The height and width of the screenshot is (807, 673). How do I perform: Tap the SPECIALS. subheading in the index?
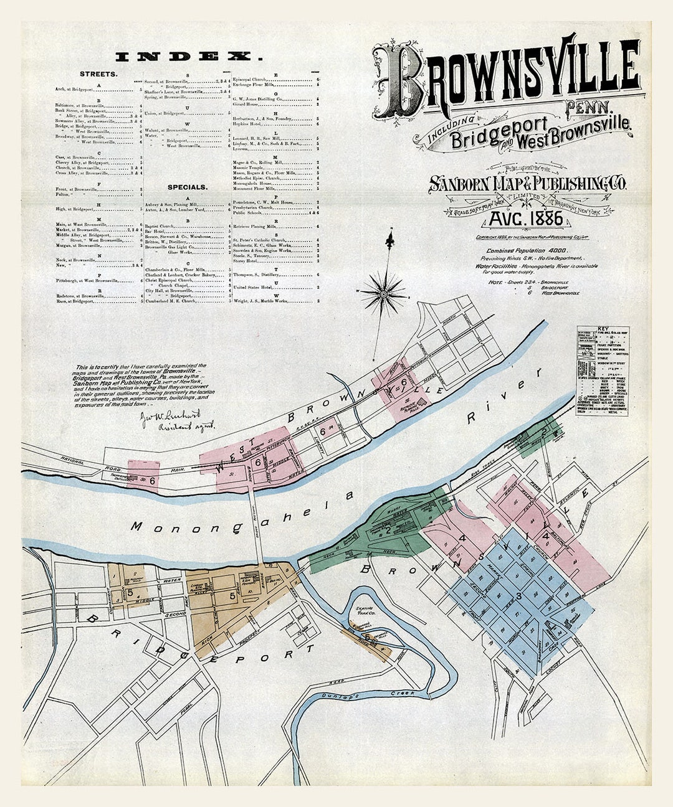187,186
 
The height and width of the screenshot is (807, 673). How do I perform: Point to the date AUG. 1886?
527,219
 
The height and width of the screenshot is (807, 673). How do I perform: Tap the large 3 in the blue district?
518,597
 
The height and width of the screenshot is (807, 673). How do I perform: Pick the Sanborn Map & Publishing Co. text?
527,183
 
